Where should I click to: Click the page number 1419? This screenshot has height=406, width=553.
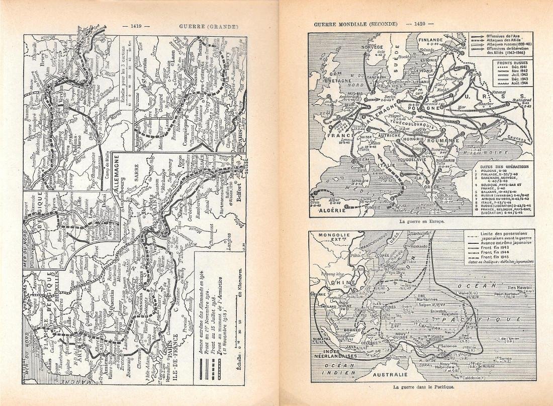pyautogui.click(x=139, y=26)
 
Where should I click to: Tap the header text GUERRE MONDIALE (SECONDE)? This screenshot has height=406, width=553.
pyautogui.click(x=355, y=24)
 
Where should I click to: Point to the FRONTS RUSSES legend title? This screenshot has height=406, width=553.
pyautogui.click(x=512, y=64)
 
